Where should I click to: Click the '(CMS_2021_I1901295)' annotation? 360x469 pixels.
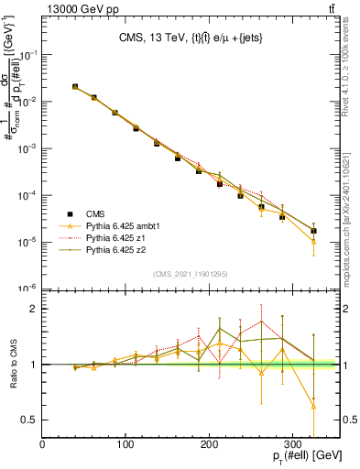185,274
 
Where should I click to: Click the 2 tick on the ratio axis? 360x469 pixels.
33,309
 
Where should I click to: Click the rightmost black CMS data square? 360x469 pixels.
314,231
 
